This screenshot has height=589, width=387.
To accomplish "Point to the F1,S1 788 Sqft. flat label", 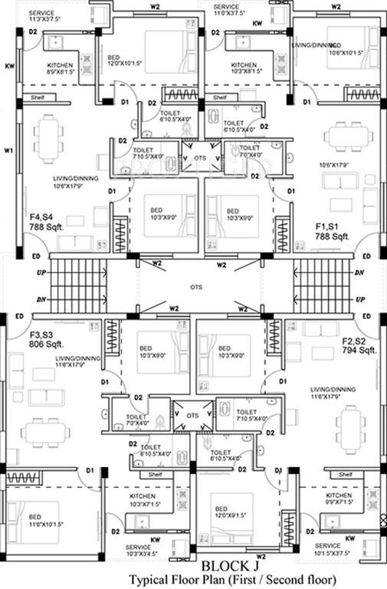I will [332, 232].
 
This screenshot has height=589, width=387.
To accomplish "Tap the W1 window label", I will [8, 150].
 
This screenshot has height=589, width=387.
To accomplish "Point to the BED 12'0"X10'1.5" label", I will [125, 61].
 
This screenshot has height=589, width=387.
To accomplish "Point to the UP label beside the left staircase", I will [17, 274].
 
